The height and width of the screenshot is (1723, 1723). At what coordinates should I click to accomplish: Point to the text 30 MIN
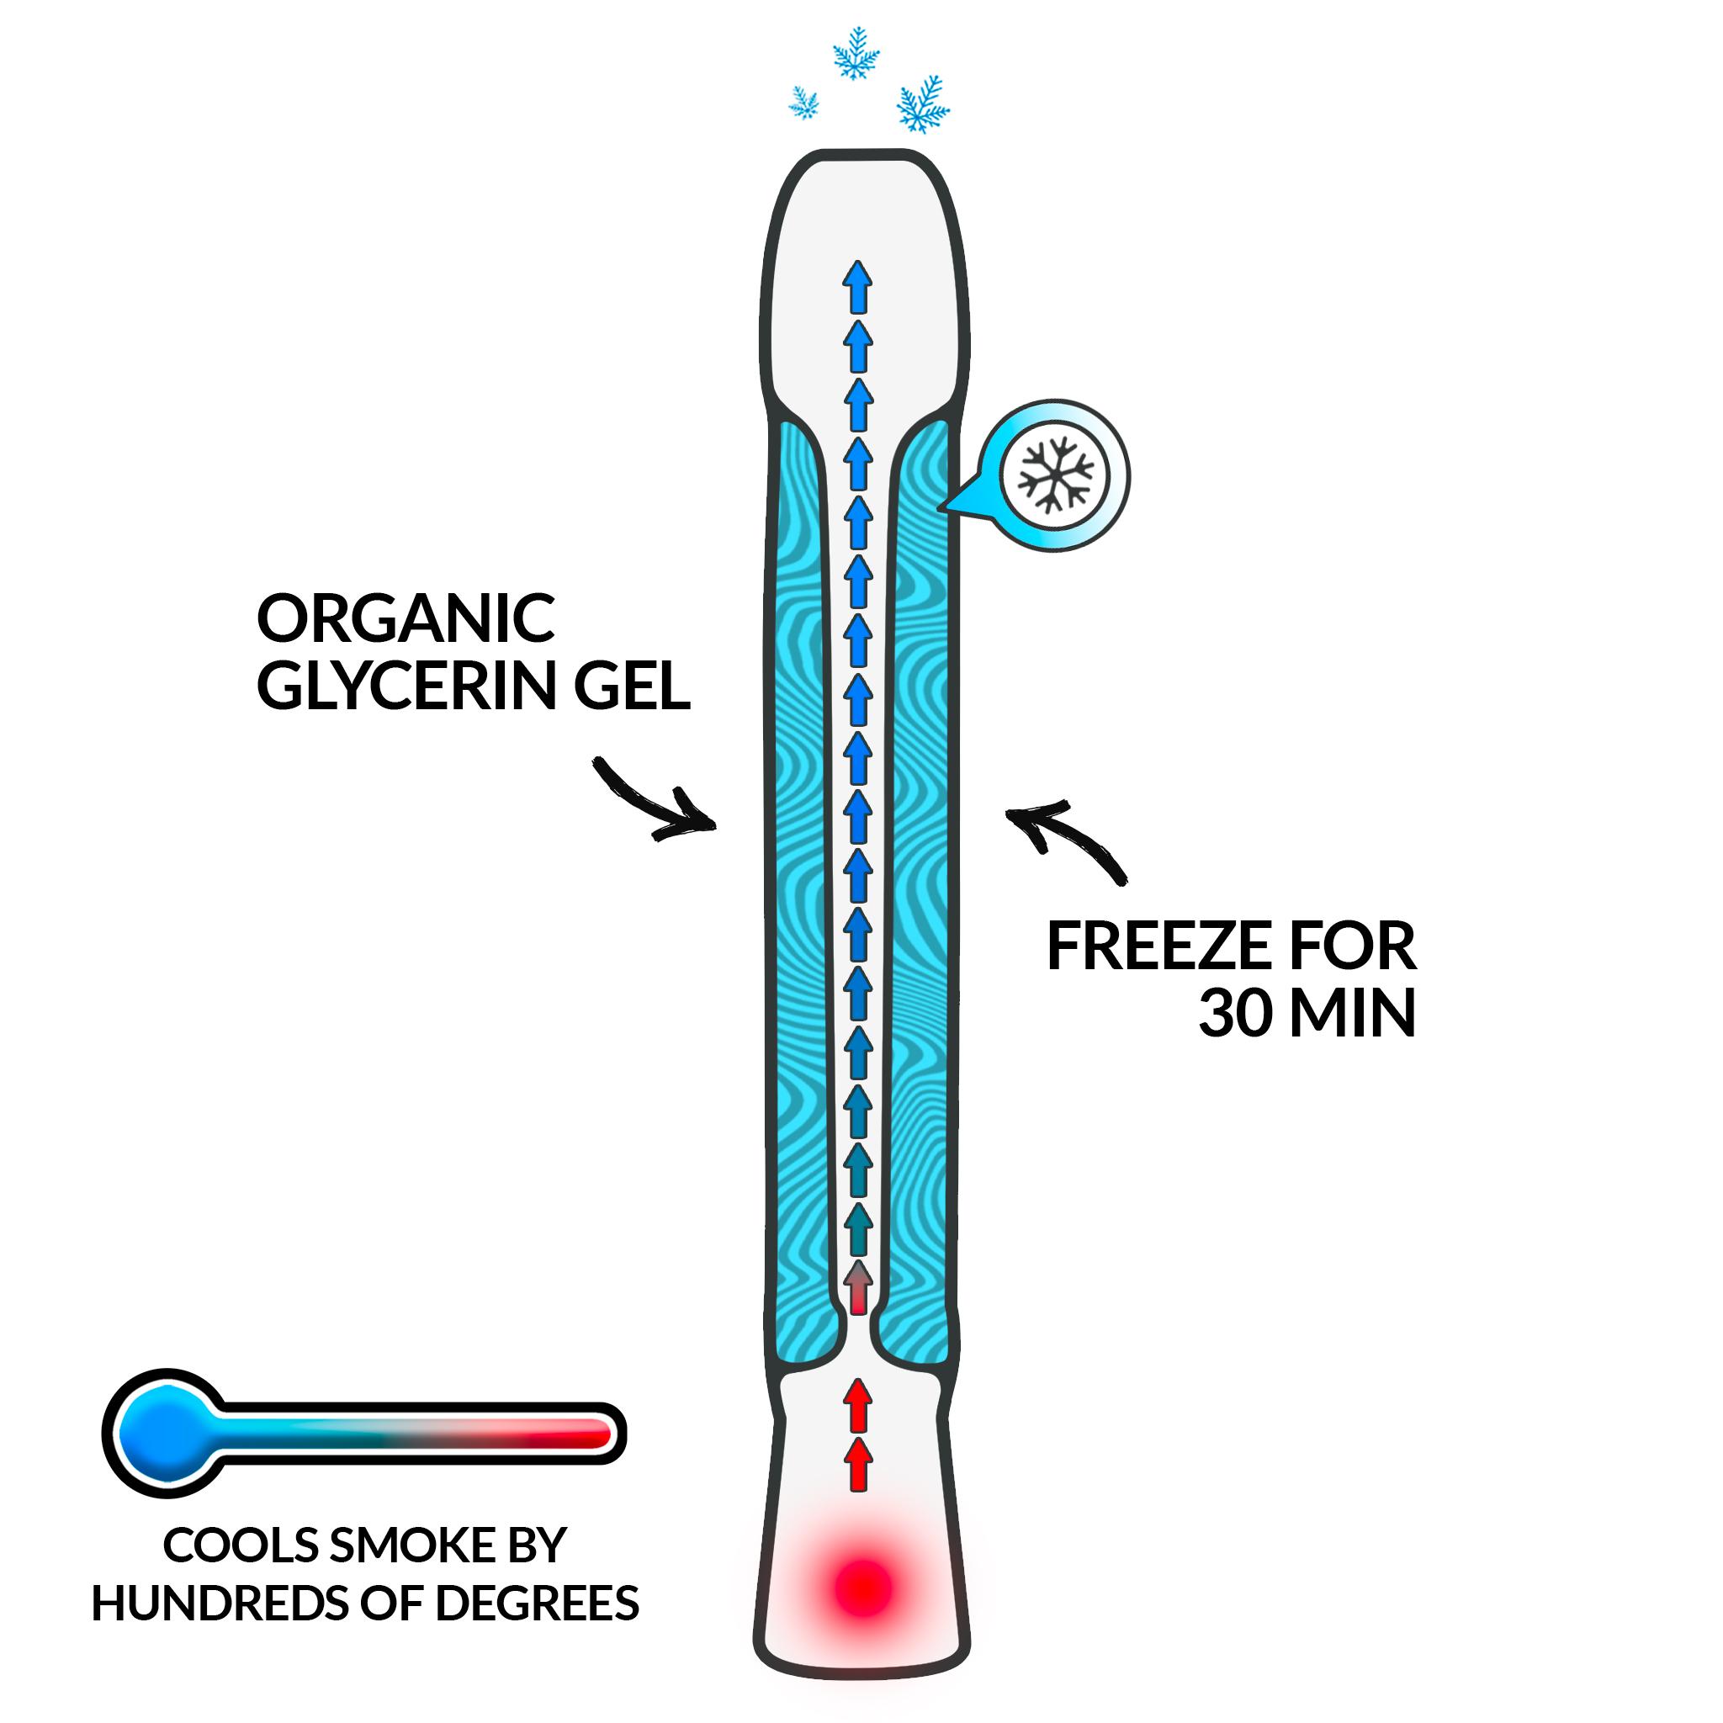point(1307,1014)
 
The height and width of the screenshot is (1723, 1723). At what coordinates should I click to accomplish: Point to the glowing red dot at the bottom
point(861,1587)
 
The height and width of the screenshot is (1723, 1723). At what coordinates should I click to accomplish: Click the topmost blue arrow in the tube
point(858,287)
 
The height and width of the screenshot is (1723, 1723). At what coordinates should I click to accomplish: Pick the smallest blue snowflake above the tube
point(803,103)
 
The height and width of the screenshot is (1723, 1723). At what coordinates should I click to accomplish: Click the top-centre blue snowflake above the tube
point(856,53)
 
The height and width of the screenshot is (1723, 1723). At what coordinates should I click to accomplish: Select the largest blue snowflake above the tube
point(923,105)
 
